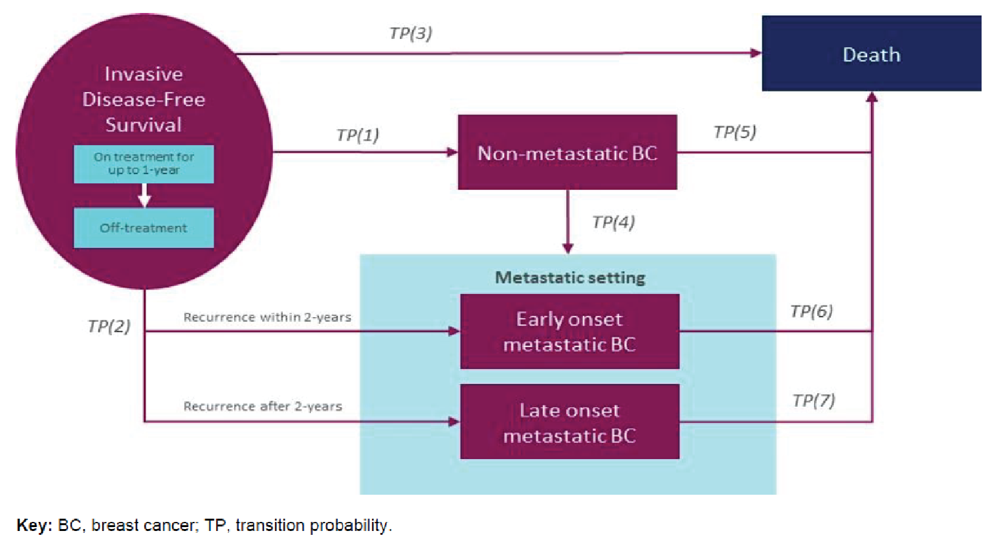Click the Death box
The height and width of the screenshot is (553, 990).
[x=871, y=54]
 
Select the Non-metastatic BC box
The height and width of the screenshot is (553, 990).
[x=567, y=153]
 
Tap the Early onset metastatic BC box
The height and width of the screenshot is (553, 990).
[x=569, y=332]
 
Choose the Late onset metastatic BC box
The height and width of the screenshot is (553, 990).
[x=569, y=422]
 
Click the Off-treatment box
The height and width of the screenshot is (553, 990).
[x=144, y=228]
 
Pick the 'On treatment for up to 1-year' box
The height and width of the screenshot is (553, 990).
[x=144, y=164]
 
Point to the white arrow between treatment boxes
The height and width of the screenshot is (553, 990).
[x=144, y=195]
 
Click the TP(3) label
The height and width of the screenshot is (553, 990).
[x=410, y=33]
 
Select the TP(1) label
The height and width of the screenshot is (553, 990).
[x=357, y=135]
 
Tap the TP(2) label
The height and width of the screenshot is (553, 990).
[x=109, y=326]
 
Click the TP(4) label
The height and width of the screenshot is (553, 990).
[x=613, y=222]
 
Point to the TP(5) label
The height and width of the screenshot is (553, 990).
[x=734, y=132]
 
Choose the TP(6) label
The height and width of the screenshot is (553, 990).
[x=811, y=311]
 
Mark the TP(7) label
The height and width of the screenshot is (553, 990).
[x=813, y=401]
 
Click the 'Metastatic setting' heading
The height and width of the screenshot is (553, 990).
[x=569, y=278]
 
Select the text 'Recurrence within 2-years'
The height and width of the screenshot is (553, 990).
[x=267, y=317]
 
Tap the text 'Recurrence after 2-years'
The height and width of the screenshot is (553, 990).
[x=262, y=407]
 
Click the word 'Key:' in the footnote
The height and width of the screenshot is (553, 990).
[x=34, y=525]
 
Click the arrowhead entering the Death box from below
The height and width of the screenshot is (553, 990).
[x=872, y=97]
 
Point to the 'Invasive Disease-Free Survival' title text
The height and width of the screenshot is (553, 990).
[x=144, y=99]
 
